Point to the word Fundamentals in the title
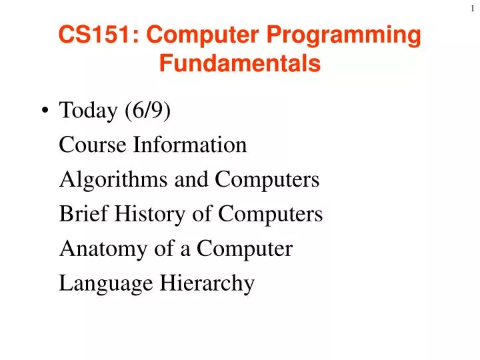(240, 63)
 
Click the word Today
(87, 110)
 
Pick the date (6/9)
(147, 111)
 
